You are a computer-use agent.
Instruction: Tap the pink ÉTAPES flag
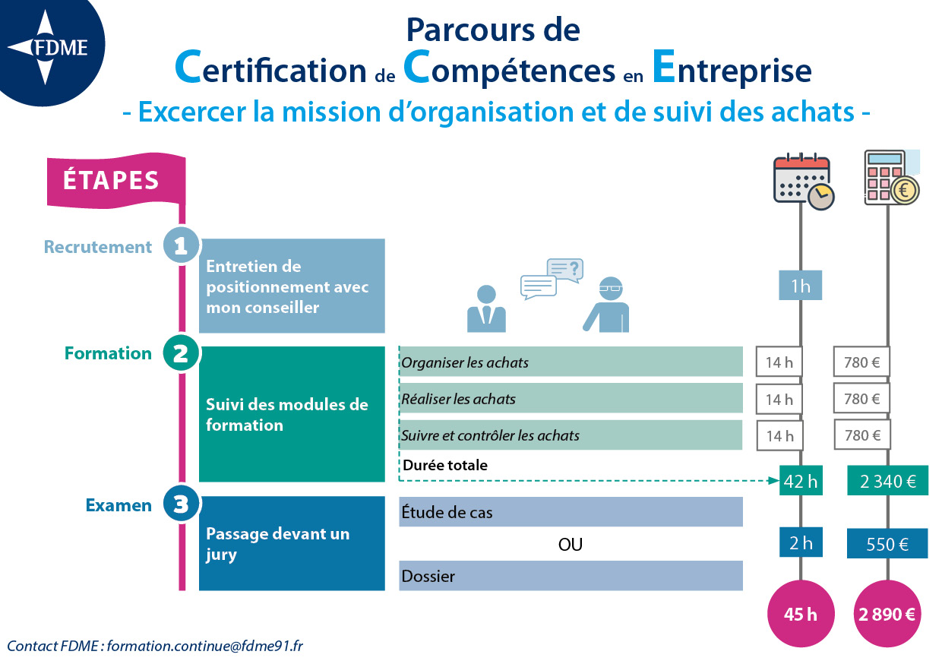pos(116,180)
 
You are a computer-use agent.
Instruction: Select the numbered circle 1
pos(181,245)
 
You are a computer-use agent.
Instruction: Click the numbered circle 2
pos(181,353)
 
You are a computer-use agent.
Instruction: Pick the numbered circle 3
pos(181,504)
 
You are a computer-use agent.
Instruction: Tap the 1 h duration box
pos(800,286)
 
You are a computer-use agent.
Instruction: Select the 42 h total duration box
pos(801,481)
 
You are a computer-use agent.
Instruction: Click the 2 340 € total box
pos(887,481)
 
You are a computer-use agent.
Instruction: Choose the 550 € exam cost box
pos(887,544)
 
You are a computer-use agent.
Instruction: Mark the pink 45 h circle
pos(801,614)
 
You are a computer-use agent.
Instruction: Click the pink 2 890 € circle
pos(887,614)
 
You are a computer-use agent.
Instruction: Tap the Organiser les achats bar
pos(571,362)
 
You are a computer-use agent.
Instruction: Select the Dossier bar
pos(571,576)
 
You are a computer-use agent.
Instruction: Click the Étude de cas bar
pos(571,512)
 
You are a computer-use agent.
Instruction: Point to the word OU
pos(571,545)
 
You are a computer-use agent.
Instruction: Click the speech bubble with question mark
pos(564,270)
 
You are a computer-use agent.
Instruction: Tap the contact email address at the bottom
pos(205,646)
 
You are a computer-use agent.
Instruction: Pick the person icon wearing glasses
pos(607,305)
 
